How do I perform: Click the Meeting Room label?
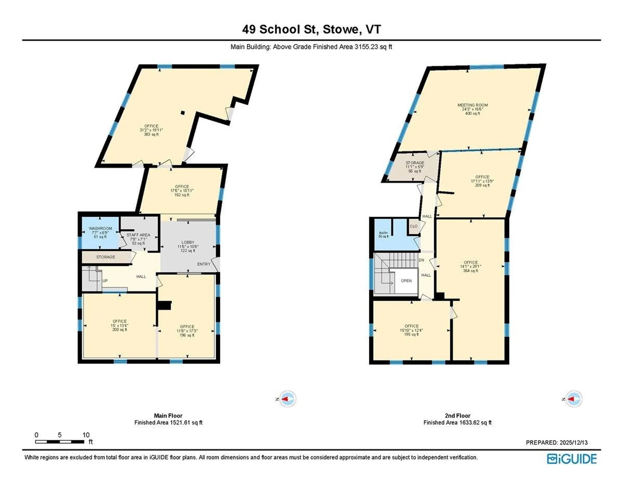472,109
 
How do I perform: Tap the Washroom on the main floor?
100,233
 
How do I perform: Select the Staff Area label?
138,239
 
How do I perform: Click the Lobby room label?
188,246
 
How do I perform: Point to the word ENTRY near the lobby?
204,264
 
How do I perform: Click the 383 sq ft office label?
151,130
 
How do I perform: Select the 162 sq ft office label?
182,190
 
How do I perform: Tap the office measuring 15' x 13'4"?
119,325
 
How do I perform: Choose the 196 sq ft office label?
187,331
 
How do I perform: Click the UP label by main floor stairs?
105,281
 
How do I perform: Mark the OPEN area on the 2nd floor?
406,281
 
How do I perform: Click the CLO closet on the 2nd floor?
413,226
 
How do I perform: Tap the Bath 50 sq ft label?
383,234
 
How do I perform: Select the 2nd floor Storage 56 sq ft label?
415,167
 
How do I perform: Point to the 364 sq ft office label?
470,266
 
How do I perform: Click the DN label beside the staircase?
421,260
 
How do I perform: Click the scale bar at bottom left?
60,441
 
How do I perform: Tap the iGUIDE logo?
572,459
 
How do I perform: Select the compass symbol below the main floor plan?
287,399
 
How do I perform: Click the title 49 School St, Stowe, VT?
311,29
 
